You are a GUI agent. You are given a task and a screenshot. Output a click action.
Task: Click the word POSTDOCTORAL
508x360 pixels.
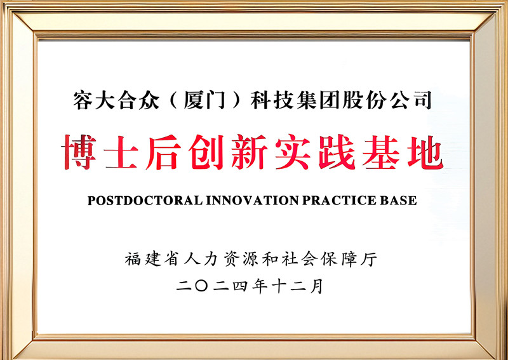coord(145,201)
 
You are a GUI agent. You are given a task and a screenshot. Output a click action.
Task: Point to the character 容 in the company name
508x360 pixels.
coord(84,101)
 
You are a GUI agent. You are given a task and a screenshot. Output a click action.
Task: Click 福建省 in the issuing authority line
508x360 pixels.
coord(150,259)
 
